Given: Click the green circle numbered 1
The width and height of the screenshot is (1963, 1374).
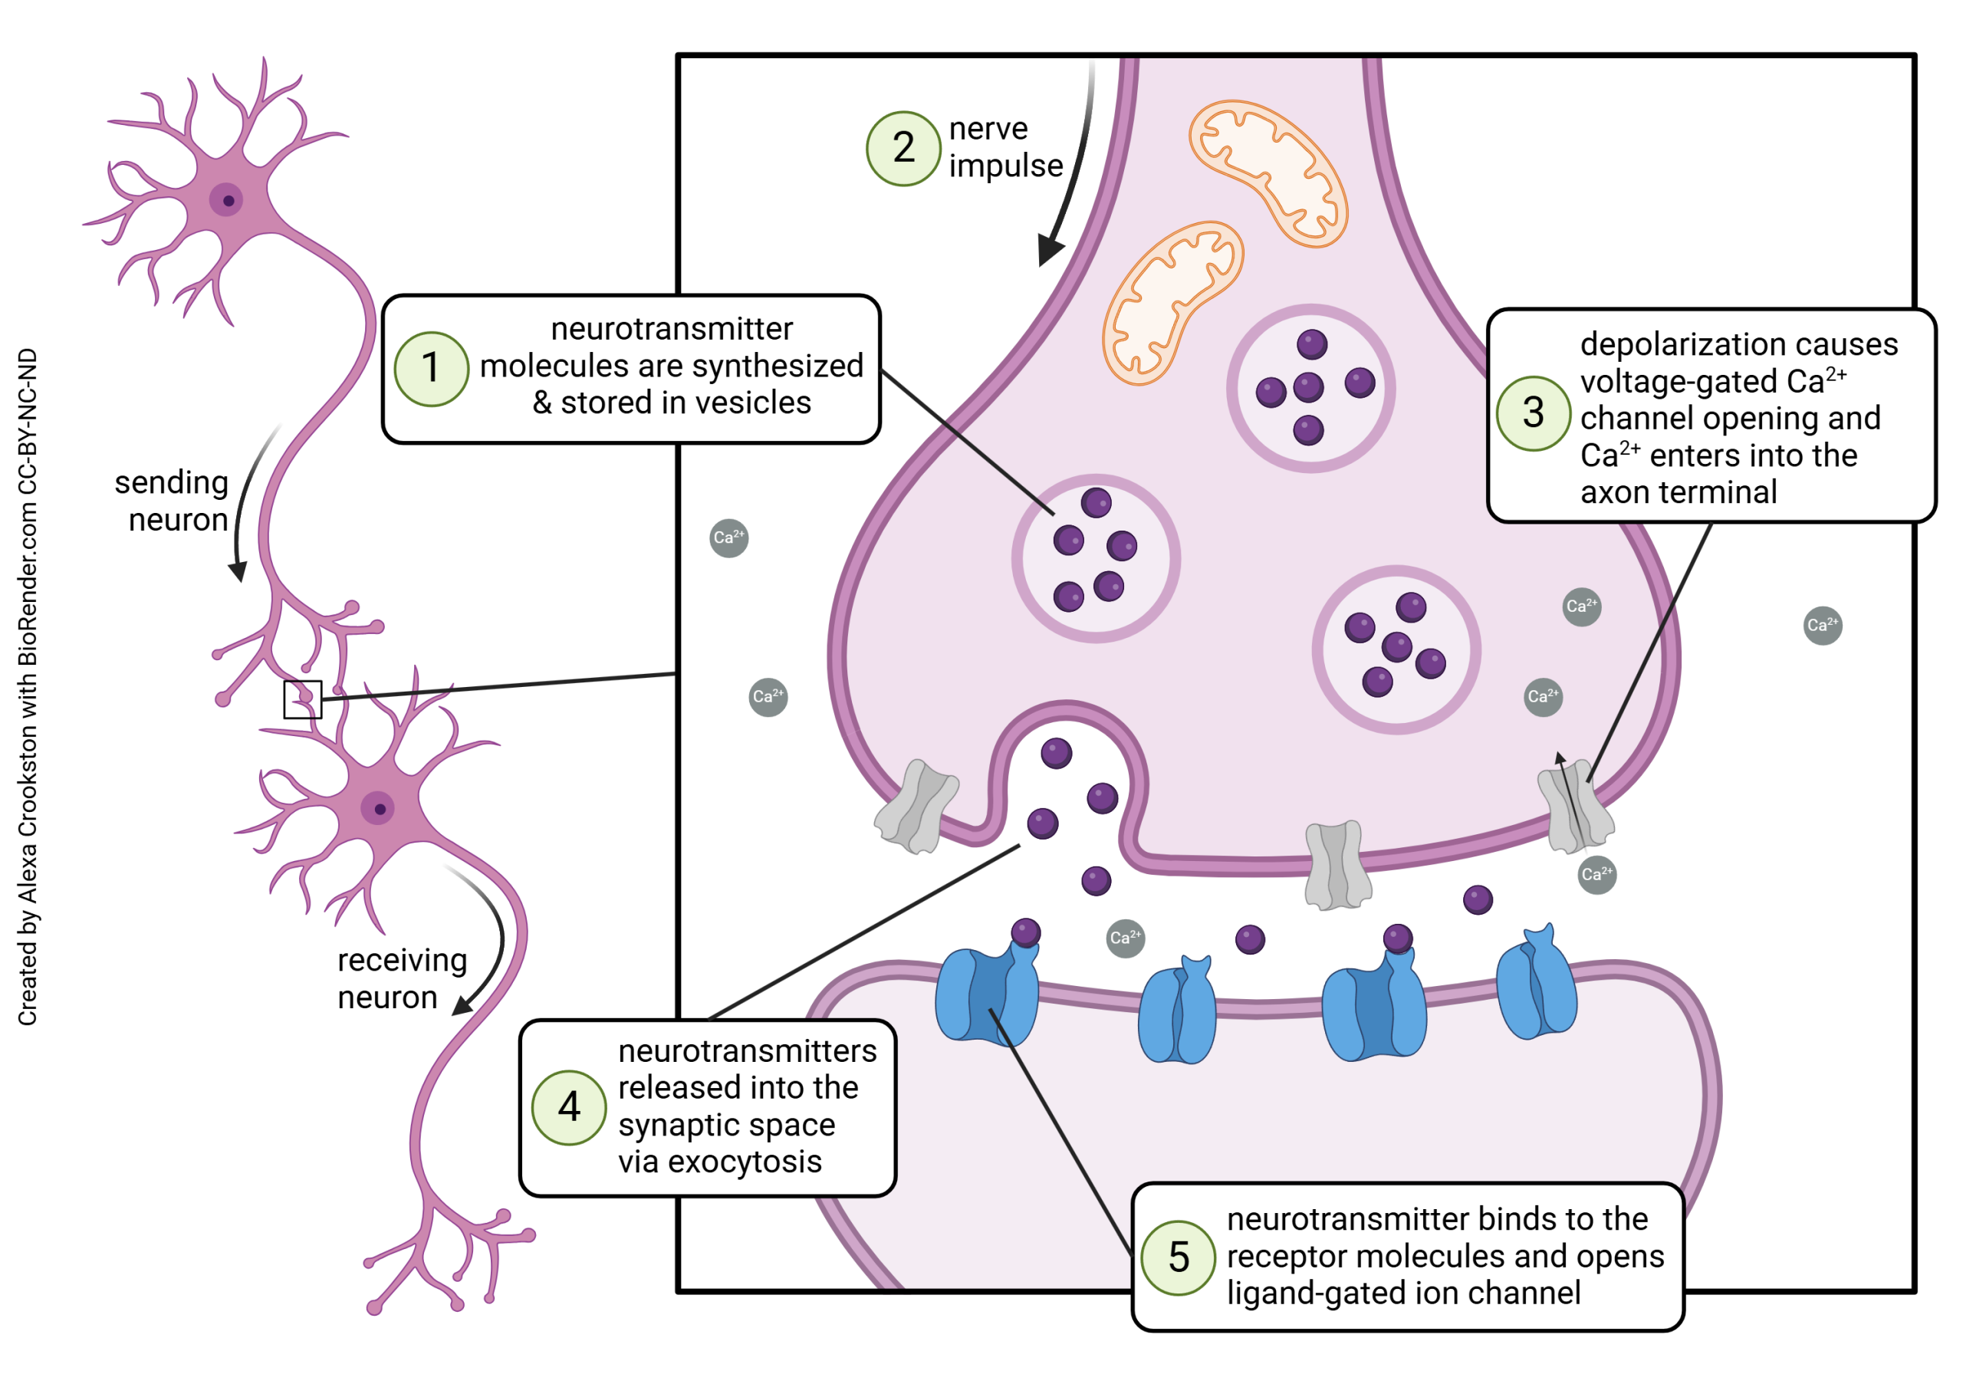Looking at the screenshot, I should [x=431, y=370].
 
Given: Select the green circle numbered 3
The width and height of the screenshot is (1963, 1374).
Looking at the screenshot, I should [x=1533, y=413].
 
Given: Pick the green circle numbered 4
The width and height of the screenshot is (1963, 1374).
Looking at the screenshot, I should [x=568, y=1107].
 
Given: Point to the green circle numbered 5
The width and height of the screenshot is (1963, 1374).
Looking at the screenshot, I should [x=1178, y=1257].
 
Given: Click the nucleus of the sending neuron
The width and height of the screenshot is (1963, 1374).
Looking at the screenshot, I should [x=226, y=200].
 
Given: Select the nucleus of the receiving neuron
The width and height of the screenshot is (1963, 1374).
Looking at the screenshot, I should [x=378, y=808].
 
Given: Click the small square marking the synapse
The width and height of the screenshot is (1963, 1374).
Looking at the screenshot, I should [x=303, y=699].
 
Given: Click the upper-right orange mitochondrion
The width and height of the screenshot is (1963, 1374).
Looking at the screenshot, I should [x=1268, y=173].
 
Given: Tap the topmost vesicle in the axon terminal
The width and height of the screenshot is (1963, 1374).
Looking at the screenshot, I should [x=1310, y=388].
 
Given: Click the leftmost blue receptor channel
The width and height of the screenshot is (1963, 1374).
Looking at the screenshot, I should [x=988, y=994].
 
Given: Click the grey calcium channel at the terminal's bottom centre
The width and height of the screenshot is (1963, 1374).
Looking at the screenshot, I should [x=1337, y=866].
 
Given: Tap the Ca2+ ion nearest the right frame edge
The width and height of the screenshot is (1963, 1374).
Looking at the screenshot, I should [x=1822, y=625].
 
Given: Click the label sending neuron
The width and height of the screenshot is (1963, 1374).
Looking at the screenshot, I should [x=173, y=501].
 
